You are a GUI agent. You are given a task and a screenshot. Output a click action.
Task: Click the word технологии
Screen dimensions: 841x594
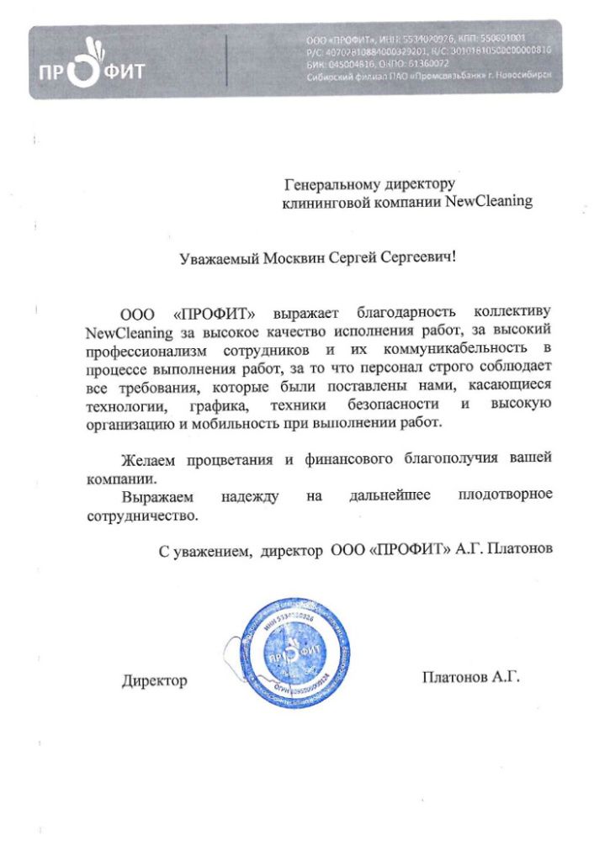pos(121,406)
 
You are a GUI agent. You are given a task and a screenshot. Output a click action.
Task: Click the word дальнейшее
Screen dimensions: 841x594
pos(390,495)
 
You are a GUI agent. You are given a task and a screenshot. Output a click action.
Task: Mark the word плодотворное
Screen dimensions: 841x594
pos(505,495)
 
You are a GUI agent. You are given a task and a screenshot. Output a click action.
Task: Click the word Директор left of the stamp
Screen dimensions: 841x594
pos(154,680)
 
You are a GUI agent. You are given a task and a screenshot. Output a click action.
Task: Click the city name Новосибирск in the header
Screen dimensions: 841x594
pos(522,76)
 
